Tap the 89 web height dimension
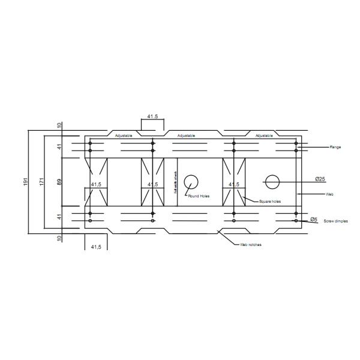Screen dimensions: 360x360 tap(59, 181)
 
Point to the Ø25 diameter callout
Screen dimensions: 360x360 tap(320, 179)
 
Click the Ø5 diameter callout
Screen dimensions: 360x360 tap(313, 220)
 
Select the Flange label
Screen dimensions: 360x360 tap(335, 147)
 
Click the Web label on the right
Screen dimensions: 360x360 tap(329, 194)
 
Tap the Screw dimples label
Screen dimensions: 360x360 tap(336, 221)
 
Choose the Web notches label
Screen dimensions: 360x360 tap(251, 245)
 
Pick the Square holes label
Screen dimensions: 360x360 tap(270, 202)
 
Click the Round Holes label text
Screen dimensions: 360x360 tap(199, 196)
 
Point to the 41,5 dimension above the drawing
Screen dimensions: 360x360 tap(152, 116)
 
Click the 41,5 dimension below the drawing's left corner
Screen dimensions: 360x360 tap(95, 247)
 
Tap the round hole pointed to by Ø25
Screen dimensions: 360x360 tap(272, 182)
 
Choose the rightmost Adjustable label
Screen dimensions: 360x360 tap(264, 136)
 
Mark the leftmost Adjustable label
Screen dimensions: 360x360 tap(124, 136)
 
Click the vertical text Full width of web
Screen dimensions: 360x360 tap(175, 182)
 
